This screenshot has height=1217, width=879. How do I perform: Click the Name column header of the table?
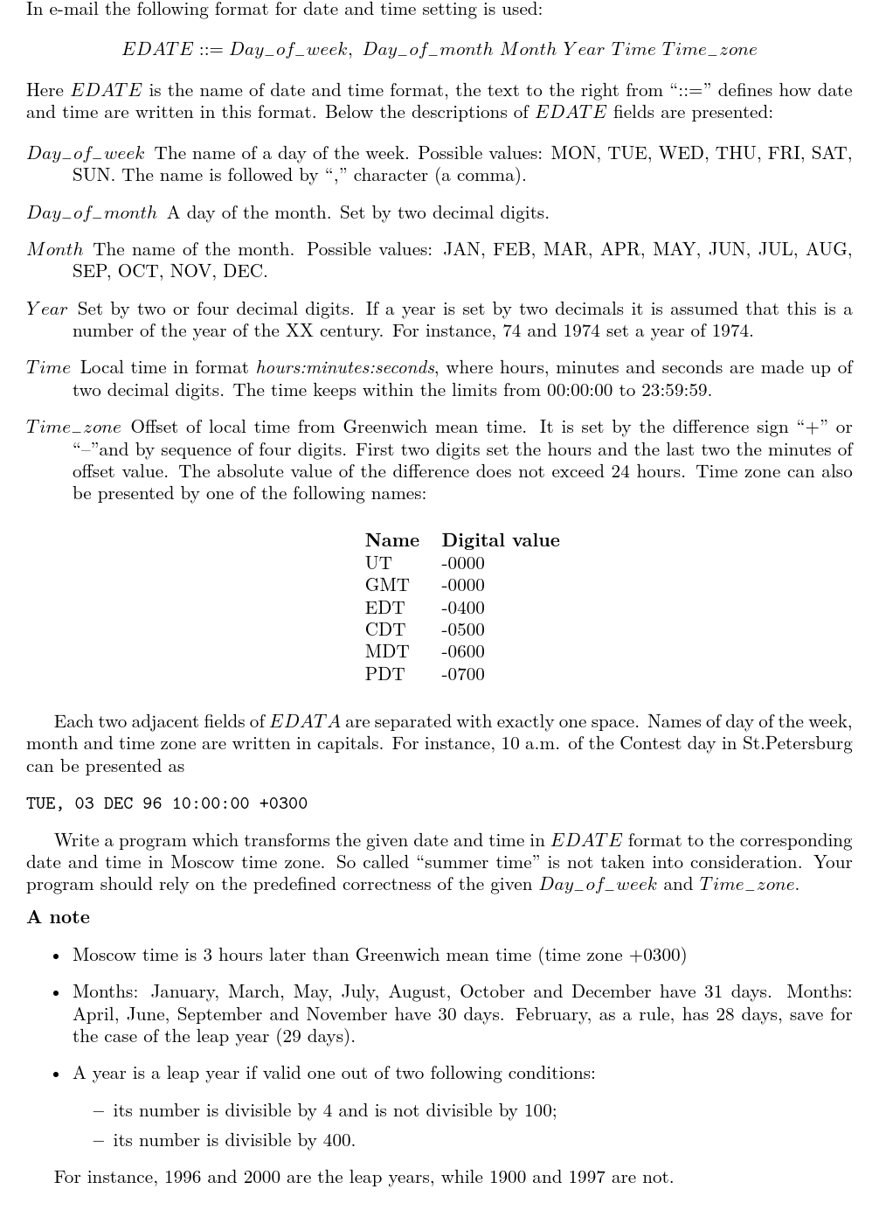tap(391, 540)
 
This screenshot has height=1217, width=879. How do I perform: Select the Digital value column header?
tap(500, 540)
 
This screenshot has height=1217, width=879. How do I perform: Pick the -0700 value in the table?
tap(462, 674)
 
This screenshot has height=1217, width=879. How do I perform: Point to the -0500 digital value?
tap(462, 629)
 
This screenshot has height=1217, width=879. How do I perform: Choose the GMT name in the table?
tap(386, 585)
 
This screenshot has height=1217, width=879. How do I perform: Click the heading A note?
tap(59, 917)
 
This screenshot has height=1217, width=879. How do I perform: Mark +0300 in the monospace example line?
tap(283, 803)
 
